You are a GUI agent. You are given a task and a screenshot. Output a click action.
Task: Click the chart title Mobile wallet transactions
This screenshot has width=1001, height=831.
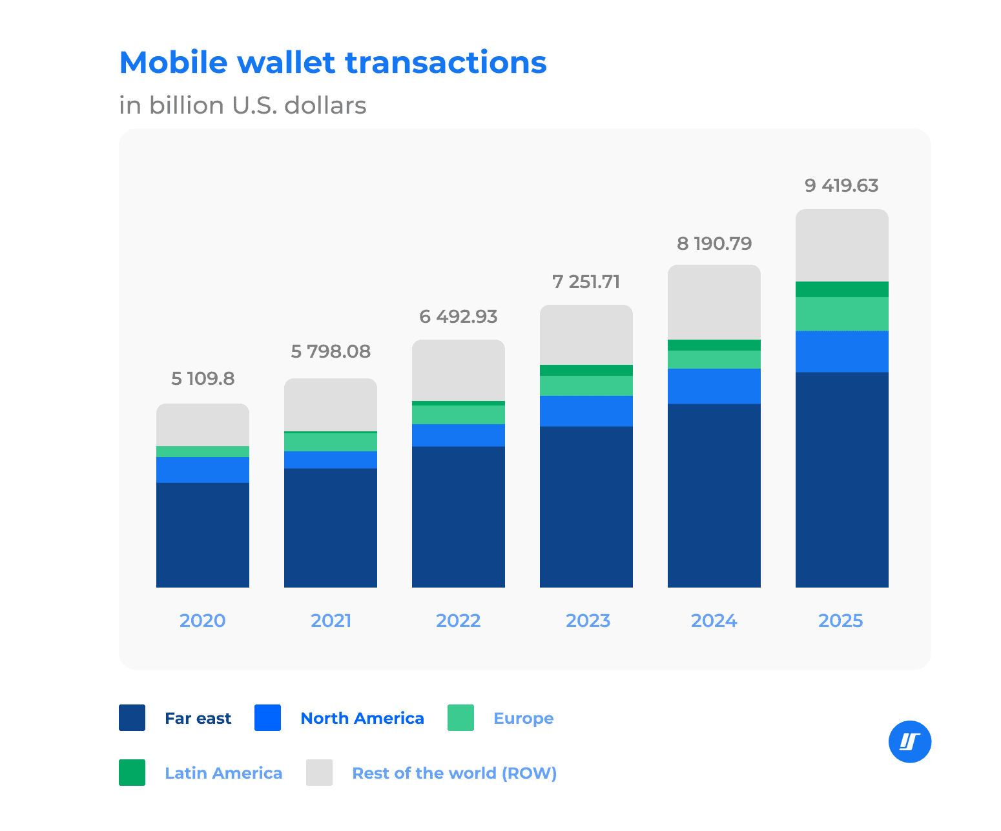[333, 63]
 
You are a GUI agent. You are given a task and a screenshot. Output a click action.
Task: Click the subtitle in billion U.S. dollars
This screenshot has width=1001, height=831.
[242, 105]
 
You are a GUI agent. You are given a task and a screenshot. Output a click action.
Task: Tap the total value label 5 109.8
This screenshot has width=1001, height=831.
[203, 378]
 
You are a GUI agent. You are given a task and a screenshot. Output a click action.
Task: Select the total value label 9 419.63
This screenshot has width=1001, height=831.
[841, 186]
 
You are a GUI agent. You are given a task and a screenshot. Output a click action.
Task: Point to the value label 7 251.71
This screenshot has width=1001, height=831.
[586, 282]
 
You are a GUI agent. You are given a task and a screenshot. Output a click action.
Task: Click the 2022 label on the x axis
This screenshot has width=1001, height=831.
[458, 621]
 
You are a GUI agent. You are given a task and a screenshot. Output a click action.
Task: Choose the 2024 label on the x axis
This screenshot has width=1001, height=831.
[714, 621]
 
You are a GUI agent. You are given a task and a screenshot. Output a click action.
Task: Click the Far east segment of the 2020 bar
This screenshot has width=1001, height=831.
[203, 535]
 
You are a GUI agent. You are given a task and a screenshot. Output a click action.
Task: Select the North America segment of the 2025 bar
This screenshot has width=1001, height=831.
[841, 352]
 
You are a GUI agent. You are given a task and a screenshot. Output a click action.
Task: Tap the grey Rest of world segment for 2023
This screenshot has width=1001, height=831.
[586, 334]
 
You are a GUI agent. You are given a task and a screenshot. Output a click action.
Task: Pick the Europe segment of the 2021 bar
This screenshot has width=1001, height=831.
[331, 442]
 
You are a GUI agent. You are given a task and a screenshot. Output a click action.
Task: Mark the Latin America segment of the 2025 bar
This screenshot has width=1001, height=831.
[841, 289]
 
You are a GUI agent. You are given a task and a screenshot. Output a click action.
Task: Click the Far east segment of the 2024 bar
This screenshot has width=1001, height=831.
[714, 495]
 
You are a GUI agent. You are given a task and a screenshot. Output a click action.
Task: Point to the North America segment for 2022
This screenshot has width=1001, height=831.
[458, 435]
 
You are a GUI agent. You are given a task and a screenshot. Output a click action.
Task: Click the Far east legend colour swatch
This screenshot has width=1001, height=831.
[132, 718]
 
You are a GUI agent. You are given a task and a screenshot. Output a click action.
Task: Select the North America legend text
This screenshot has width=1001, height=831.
[362, 718]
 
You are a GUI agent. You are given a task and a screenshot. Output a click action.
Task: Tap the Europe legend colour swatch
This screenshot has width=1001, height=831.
[460, 718]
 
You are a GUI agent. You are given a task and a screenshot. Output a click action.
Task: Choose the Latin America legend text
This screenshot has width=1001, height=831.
[223, 773]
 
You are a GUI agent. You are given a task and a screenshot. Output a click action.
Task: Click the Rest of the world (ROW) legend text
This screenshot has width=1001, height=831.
[454, 773]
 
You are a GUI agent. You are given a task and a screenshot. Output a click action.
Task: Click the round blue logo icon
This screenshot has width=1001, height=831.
[909, 742]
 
